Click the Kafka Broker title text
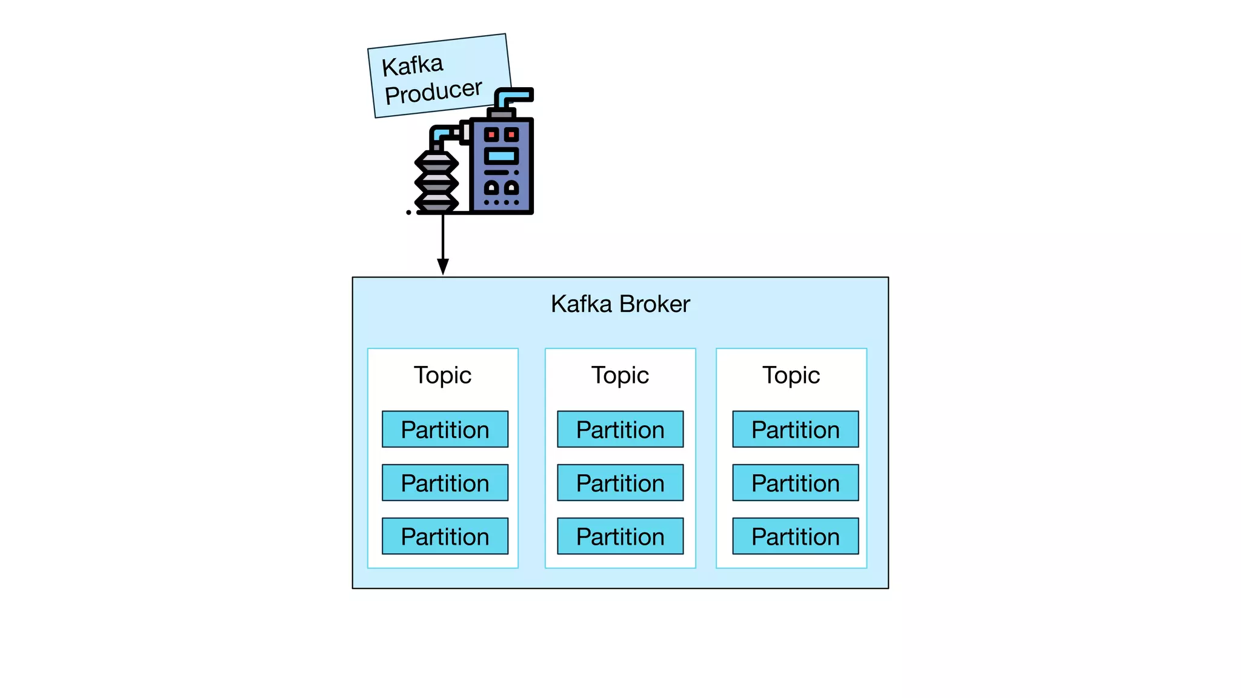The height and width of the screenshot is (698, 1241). tap(620, 304)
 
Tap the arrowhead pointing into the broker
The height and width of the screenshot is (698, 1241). tap(443, 267)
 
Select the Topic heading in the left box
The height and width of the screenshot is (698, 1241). tap(442, 375)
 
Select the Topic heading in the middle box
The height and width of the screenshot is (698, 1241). tap(620, 375)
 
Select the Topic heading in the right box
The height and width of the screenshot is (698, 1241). tap(791, 375)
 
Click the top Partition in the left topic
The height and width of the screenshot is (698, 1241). tap(445, 430)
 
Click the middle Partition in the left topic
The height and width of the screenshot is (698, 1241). tap(445, 483)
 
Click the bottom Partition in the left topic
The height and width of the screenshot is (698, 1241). tap(445, 536)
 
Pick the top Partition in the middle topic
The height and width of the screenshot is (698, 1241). tap(620, 430)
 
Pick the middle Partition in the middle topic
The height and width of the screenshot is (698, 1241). tap(620, 483)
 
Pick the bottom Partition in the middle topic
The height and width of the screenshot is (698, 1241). tap(620, 536)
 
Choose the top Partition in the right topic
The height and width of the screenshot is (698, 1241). tap(795, 430)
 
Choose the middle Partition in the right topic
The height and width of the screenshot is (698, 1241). tap(795, 483)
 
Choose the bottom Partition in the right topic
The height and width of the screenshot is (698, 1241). tap(795, 536)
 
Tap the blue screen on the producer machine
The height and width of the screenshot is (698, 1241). tap(501, 156)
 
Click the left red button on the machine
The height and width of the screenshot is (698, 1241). tap(491, 135)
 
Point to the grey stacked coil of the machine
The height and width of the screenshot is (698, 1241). tap(436, 182)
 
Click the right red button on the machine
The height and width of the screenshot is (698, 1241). tap(511, 135)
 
